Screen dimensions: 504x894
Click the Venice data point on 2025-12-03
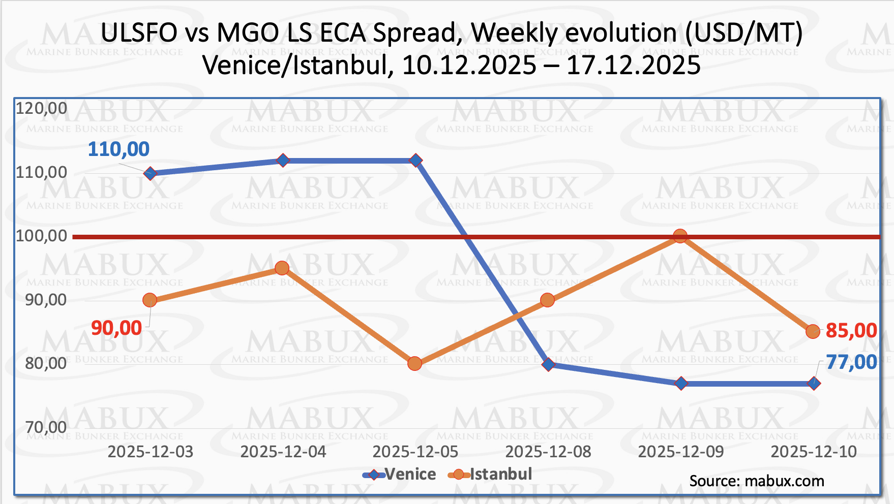(150, 173)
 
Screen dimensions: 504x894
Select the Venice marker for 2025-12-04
(283, 161)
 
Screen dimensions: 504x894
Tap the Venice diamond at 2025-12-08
(548, 364)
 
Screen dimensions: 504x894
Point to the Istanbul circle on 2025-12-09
(680, 236)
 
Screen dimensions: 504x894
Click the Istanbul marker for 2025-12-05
(415, 364)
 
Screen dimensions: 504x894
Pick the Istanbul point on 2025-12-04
(282, 268)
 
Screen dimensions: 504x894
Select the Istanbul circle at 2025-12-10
(813, 332)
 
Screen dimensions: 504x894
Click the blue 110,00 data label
(118, 149)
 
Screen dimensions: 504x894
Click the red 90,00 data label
(116, 328)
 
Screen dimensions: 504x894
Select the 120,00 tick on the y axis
(42, 108)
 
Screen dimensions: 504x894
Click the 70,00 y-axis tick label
(46, 427)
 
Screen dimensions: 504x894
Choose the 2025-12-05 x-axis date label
(415, 452)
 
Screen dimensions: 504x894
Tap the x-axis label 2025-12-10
(814, 452)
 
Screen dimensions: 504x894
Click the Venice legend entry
(400, 475)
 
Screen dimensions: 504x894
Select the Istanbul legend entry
(490, 475)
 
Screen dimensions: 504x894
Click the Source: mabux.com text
(757, 481)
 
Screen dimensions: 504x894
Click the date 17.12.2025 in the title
(634, 65)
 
